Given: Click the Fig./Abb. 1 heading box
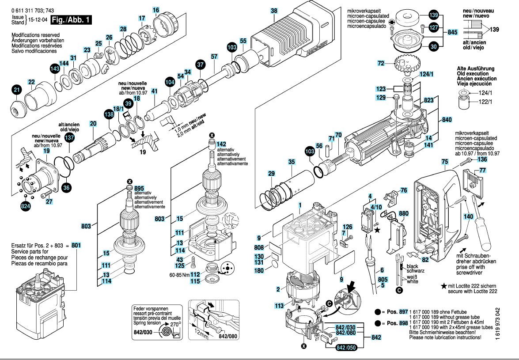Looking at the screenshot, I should coord(71,20).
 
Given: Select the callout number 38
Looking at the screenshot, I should coord(274,11).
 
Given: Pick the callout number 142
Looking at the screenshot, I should coord(221,144).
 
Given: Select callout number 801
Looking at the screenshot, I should coord(76,245).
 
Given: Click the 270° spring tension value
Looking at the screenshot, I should coord(176,324).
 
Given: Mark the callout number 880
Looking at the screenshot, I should coord(404,213).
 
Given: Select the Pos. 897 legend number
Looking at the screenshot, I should coord(403,311).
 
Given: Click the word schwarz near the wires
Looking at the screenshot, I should coord(413,272).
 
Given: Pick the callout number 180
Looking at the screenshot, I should coord(270,270).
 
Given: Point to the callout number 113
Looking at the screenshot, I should coord(279,305).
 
